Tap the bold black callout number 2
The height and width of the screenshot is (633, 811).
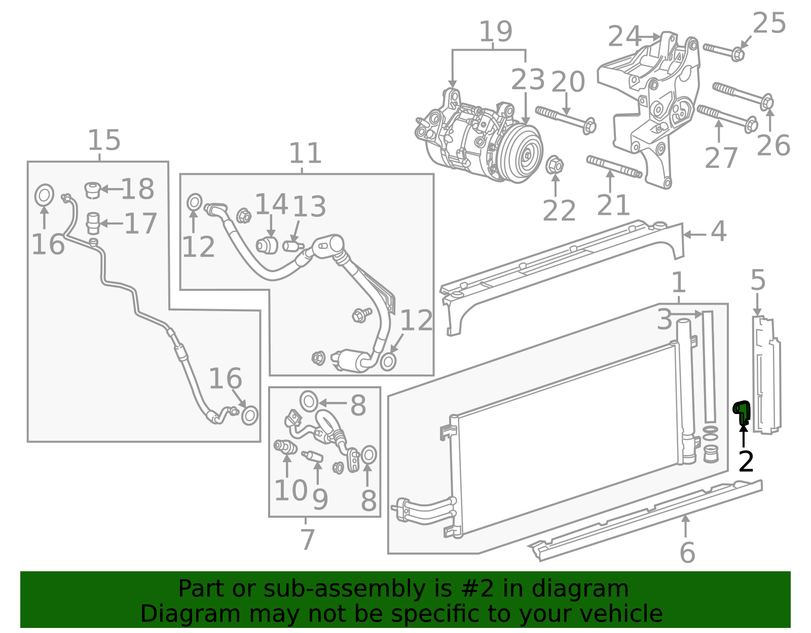746,462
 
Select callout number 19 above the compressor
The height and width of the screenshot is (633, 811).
495,31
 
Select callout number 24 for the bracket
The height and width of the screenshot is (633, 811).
624,36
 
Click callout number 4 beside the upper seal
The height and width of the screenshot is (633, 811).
718,232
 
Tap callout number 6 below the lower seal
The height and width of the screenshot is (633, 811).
687,552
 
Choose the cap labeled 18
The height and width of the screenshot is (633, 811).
92,190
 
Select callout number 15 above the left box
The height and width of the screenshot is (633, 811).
104,140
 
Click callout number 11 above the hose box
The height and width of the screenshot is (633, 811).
305,153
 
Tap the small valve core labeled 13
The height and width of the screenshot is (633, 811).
292,246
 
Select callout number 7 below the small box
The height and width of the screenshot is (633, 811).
307,539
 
